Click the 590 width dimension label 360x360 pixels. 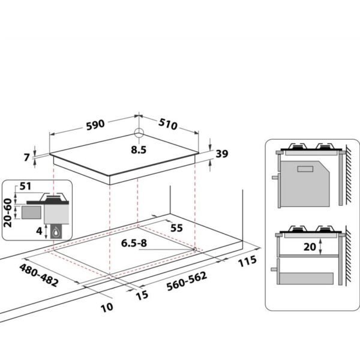point(95,125)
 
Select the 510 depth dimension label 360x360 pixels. point(168,124)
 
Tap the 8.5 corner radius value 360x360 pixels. point(139,150)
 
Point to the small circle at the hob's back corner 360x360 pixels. point(139,133)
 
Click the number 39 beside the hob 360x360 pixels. point(222,154)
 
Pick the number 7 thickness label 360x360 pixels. point(27,157)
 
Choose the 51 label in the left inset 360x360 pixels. point(25,186)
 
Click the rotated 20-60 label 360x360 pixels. point(8,213)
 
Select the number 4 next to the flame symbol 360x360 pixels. point(39,231)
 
